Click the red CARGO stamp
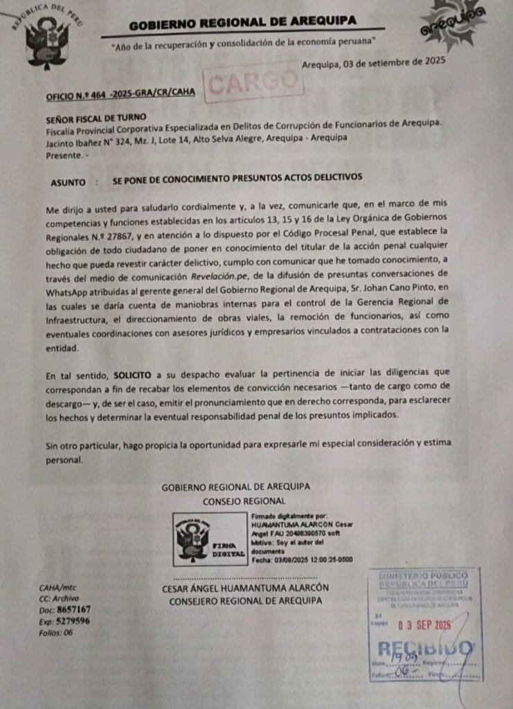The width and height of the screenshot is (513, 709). pos(254,82)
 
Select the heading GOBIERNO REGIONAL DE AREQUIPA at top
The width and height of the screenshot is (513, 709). pos(242,26)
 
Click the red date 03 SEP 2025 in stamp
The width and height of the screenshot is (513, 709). pos(424,625)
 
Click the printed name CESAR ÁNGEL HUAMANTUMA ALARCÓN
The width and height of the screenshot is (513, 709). pos(245,589)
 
